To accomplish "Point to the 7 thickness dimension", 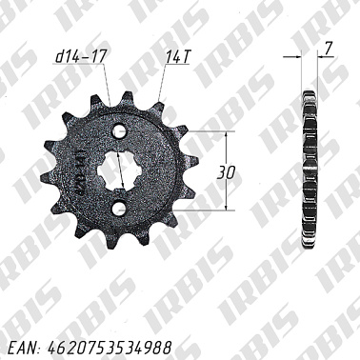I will (x=327, y=46).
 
